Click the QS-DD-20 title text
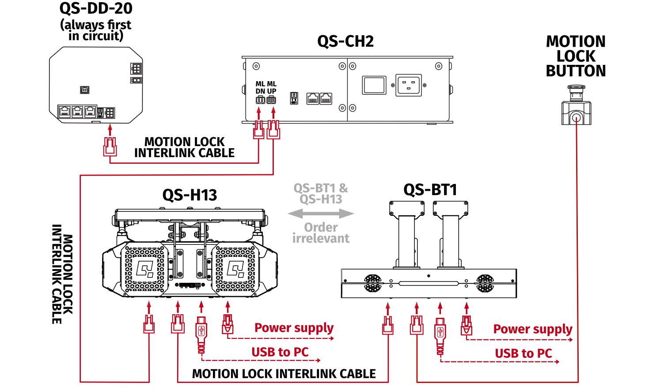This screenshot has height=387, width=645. point(96,8)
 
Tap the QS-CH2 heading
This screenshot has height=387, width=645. point(345,41)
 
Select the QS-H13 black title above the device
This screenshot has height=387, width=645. point(190,195)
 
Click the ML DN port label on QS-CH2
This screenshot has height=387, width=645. point(260,87)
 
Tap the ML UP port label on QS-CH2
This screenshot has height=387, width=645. point(272,87)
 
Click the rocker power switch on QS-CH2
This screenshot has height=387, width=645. point(374,85)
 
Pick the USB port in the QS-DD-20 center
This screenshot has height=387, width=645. point(85,90)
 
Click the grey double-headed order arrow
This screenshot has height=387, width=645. point(321,214)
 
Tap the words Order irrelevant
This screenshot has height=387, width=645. point(321,233)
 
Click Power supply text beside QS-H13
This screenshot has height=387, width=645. point(294,328)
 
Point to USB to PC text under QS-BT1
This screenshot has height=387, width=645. point(523,353)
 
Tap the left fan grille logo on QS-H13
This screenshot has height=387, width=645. point(144,268)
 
